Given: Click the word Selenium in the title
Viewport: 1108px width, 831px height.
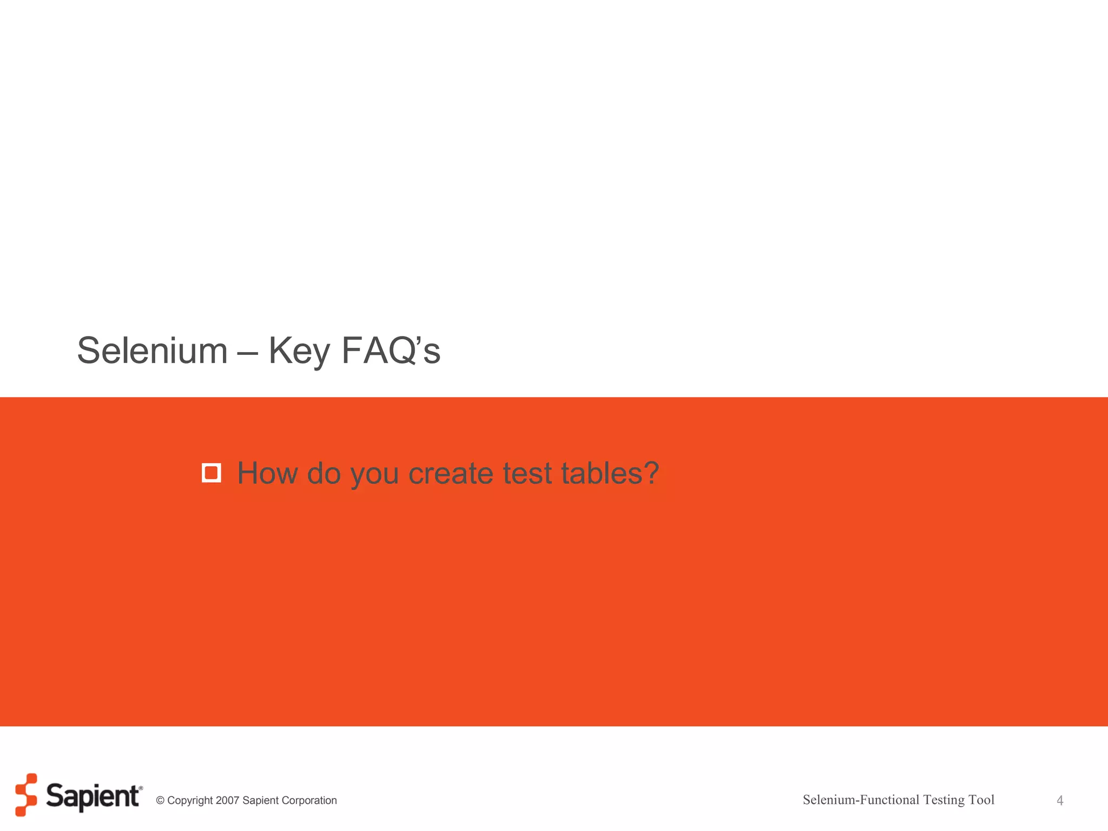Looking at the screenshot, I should click(152, 351).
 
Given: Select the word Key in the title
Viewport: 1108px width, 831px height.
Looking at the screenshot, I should click(299, 352).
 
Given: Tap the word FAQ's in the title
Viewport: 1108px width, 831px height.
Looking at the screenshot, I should click(391, 351).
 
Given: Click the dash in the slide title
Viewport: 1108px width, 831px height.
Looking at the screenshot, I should click(248, 353).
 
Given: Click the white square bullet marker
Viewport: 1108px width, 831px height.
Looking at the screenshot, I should click(211, 473).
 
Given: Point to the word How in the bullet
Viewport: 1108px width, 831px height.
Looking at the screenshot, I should click(267, 473).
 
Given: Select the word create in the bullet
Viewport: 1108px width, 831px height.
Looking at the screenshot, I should click(451, 473).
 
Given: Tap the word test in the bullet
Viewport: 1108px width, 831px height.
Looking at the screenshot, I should click(527, 473).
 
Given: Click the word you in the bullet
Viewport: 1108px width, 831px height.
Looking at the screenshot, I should click(374, 475).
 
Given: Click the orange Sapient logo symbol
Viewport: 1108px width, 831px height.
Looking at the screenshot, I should click(26, 794).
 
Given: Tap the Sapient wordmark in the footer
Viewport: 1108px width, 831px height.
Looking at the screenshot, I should click(93, 796).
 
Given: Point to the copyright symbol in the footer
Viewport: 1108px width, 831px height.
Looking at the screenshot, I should click(160, 801).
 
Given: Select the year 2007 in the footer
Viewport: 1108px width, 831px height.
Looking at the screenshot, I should click(227, 801).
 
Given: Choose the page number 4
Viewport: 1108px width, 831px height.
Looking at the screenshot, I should click(1060, 801).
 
